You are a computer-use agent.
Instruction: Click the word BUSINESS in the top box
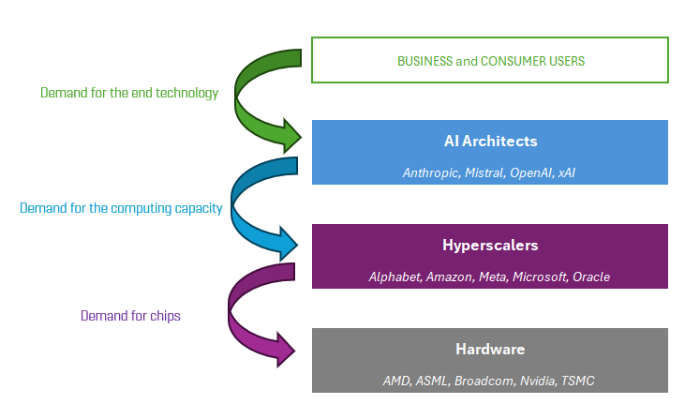(424, 61)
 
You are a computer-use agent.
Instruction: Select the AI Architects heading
(490, 142)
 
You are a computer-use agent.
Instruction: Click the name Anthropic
(431, 172)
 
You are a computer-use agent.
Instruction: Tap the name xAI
(567, 172)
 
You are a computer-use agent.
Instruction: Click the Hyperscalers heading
(490, 245)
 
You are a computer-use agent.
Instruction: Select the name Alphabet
(395, 277)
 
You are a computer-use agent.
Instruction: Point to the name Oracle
(592, 277)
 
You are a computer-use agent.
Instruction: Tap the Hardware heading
(490, 349)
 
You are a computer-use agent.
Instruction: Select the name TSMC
(578, 381)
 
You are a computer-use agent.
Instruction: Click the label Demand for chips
(130, 316)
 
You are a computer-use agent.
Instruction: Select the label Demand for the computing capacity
(121, 208)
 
